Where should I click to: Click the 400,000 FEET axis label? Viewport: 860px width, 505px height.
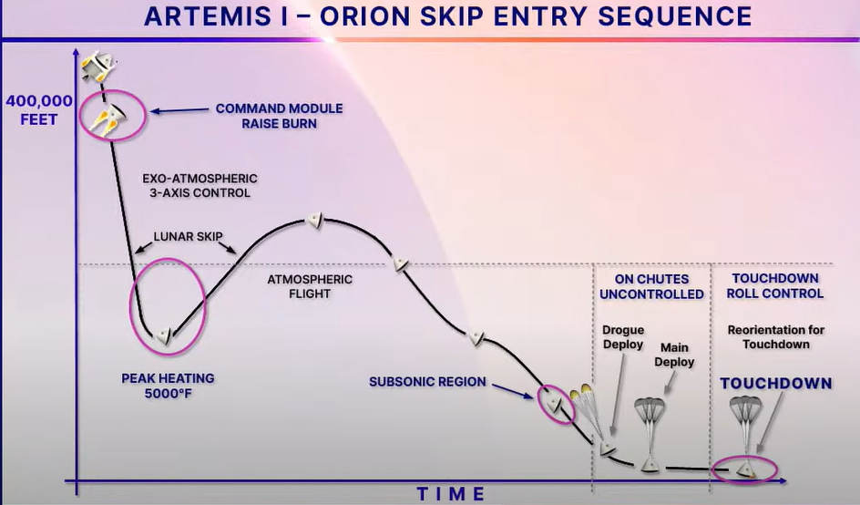[x=39, y=109]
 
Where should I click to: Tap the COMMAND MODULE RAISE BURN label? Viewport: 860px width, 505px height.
[x=279, y=116]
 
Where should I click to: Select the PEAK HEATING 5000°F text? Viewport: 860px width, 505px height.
[x=168, y=386]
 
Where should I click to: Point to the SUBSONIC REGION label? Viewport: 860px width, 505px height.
[x=427, y=382]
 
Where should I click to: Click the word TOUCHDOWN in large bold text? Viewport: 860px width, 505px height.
[x=776, y=383]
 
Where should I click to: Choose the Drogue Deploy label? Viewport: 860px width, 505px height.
[x=623, y=337]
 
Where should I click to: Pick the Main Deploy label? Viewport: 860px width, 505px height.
[x=674, y=355]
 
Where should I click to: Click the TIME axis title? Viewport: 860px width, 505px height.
[x=451, y=494]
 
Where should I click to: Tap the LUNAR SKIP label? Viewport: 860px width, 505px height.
[x=188, y=237]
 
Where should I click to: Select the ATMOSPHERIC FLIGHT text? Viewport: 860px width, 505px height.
[x=310, y=286]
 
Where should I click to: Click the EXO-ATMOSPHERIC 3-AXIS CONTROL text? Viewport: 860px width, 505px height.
[x=200, y=186]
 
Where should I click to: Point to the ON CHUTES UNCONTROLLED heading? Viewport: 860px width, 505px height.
[x=651, y=287]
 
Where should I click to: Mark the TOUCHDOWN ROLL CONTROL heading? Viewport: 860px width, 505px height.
[x=775, y=286]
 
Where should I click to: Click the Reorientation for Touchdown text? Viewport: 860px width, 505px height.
[x=776, y=337]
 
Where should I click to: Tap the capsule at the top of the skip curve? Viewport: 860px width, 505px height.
[x=315, y=220]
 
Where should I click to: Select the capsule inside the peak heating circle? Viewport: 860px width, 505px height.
[x=164, y=335]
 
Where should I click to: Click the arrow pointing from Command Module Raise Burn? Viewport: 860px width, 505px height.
[x=179, y=110]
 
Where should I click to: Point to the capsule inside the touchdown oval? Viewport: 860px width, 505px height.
[x=745, y=469]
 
